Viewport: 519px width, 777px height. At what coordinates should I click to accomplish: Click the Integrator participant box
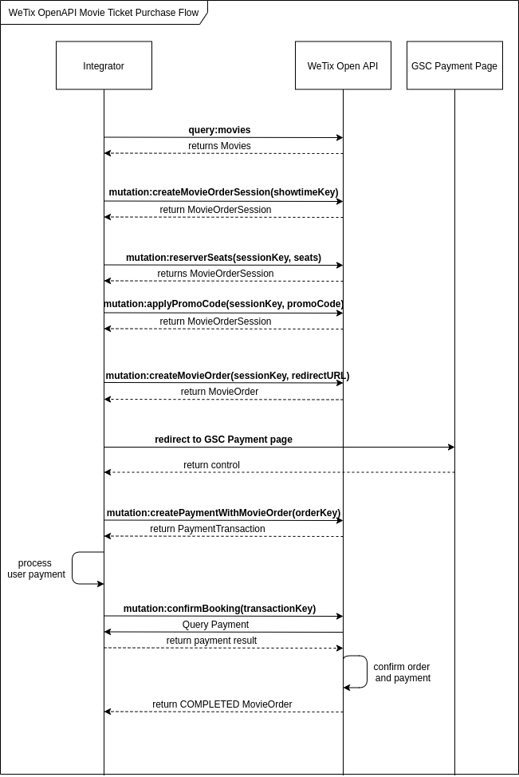point(104,65)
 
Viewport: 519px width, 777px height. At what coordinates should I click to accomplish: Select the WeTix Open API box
point(343,65)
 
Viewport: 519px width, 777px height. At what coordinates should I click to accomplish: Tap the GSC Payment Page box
point(454,65)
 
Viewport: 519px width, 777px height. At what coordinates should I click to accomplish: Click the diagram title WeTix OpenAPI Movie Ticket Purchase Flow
point(104,13)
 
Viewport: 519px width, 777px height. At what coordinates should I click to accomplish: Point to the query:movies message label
point(219,130)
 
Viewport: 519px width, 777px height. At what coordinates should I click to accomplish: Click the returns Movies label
point(219,146)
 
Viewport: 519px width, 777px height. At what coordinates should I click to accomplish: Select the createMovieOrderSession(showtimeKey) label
point(223,192)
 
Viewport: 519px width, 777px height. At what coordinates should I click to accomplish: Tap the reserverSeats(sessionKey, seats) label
point(223,258)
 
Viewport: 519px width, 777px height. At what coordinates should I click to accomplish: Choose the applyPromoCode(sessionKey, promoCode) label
point(223,304)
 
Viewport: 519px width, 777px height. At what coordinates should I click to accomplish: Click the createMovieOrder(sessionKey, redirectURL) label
point(227,376)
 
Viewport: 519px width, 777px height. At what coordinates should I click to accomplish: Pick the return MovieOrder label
point(219,392)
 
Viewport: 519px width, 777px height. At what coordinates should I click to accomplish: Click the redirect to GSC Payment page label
point(223,440)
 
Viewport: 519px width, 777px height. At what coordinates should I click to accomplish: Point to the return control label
point(211,465)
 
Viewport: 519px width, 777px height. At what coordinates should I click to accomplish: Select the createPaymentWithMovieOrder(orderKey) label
point(223,513)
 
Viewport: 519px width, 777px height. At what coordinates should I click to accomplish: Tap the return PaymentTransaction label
point(207,529)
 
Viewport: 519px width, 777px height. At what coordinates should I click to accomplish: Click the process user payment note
point(36,569)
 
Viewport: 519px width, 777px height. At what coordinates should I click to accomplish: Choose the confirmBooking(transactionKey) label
point(219,609)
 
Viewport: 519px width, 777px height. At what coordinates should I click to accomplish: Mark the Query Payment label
point(215,625)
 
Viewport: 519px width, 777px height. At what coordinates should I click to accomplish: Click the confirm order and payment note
point(402,672)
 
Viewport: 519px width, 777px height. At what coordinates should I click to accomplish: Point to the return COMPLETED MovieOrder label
point(222,704)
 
